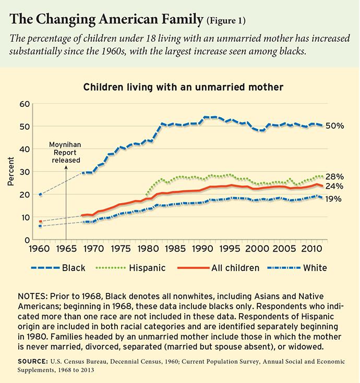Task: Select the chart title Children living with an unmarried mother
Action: [x=180, y=88]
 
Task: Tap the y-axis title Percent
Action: [x=11, y=172]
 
